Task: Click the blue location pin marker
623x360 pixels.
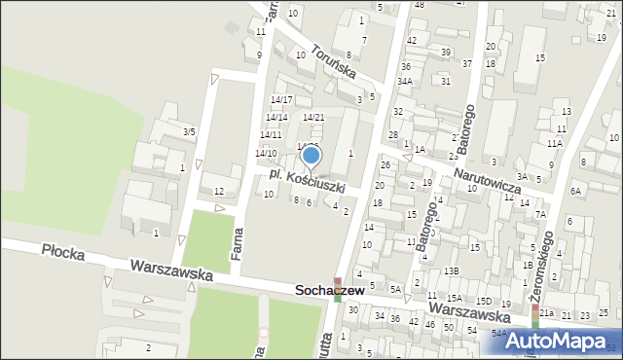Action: pyautogui.click(x=311, y=156)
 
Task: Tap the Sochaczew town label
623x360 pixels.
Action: pyautogui.click(x=334, y=291)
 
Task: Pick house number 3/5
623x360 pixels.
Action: pyautogui.click(x=189, y=131)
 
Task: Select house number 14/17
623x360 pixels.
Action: pyautogui.click(x=281, y=100)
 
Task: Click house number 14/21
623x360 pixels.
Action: pyautogui.click(x=313, y=117)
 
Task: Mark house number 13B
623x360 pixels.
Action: pyautogui.click(x=451, y=270)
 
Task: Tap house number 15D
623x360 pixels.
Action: pyautogui.click(x=484, y=303)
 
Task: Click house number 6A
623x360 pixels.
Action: pyautogui.click(x=575, y=192)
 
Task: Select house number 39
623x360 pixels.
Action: pyautogui.click(x=446, y=52)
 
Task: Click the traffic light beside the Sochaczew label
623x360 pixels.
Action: pyautogui.click(x=337, y=289)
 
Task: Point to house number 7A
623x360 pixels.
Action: pyautogui.click(x=540, y=214)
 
